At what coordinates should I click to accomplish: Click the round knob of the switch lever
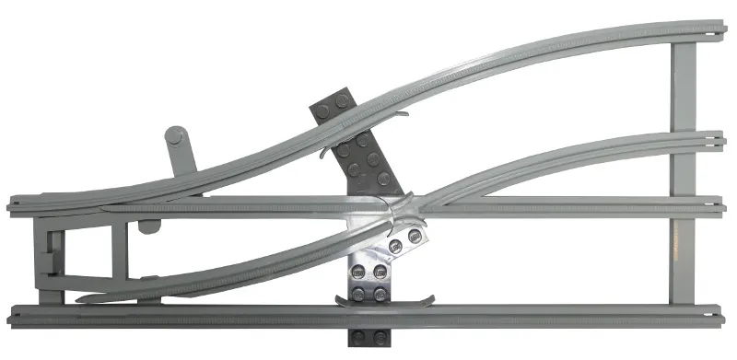point(174,137)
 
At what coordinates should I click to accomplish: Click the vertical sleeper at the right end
point(683,175)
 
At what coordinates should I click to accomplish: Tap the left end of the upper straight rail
point(13,204)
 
